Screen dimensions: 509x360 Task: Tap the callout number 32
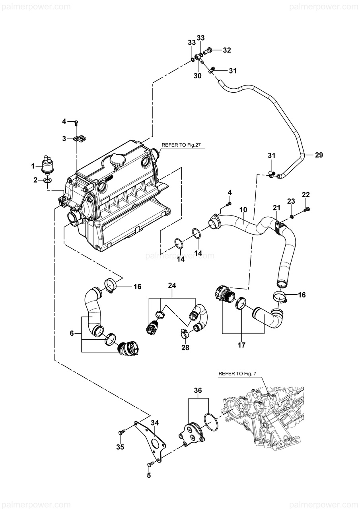(x=227, y=50)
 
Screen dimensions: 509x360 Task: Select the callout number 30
(x=198, y=76)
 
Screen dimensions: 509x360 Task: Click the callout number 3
(x=64, y=138)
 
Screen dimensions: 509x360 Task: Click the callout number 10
(x=243, y=210)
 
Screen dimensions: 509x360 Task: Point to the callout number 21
(x=276, y=208)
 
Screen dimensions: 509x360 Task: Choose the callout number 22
(x=306, y=194)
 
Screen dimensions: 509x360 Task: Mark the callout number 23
(x=291, y=201)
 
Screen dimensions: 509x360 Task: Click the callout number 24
(x=172, y=286)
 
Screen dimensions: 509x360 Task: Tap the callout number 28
(x=185, y=348)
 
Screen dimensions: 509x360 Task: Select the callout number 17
(x=241, y=345)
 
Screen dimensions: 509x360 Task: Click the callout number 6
(x=72, y=333)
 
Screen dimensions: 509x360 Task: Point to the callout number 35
(x=120, y=447)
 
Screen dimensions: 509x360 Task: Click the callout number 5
(x=149, y=475)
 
